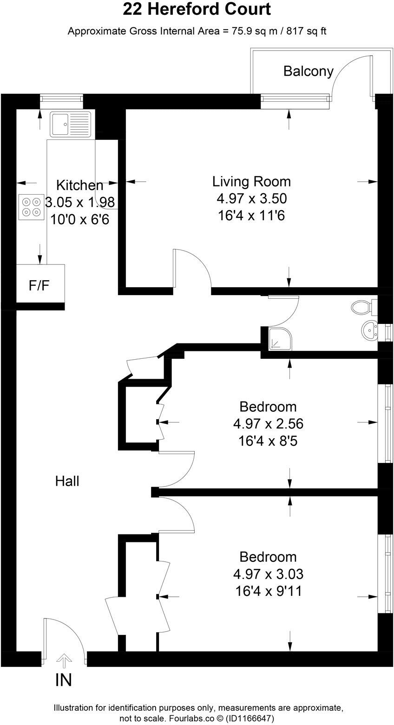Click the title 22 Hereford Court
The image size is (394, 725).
(x=197, y=9)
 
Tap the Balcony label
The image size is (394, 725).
(x=308, y=71)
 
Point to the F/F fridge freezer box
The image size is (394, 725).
(x=40, y=284)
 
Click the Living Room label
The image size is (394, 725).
(x=251, y=181)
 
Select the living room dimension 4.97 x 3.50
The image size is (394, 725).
(x=251, y=199)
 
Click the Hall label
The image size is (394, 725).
(x=67, y=481)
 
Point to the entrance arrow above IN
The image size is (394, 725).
(x=64, y=660)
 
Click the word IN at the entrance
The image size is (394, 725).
(x=64, y=680)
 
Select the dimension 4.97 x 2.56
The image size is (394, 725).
(x=268, y=423)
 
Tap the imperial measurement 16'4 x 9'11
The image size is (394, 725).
(x=268, y=591)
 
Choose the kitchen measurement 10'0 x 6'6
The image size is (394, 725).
(x=79, y=219)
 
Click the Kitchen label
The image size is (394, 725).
(x=79, y=185)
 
